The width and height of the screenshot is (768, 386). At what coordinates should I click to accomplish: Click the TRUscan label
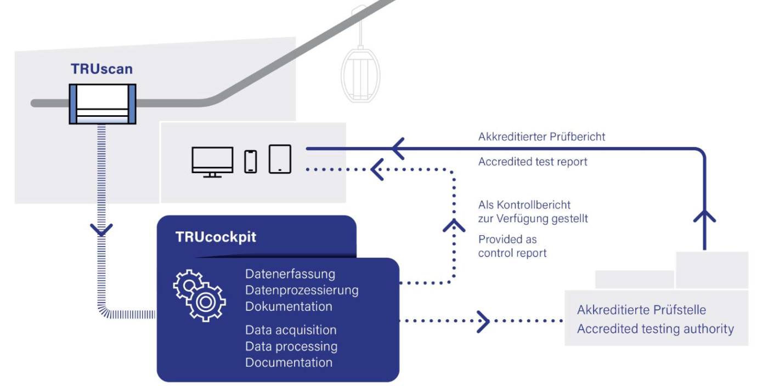click(x=101, y=70)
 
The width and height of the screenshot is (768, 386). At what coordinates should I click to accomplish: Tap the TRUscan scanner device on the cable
click(x=102, y=104)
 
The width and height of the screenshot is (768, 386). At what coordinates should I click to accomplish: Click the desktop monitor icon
click(x=212, y=161)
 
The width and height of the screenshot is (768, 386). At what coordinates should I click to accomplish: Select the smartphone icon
click(x=250, y=161)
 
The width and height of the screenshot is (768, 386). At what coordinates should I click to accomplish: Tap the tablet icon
click(x=280, y=159)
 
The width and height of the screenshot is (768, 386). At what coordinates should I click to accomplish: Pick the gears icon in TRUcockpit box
click(x=200, y=296)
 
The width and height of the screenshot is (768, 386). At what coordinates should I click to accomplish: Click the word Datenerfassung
click(x=290, y=274)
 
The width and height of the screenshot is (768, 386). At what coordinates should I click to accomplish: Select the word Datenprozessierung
click(x=302, y=289)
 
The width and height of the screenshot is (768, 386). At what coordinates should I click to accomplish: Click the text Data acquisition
click(x=291, y=330)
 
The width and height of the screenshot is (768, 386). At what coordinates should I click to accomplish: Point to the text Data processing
click(x=291, y=347)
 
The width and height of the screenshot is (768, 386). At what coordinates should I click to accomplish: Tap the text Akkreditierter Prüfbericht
click(x=541, y=137)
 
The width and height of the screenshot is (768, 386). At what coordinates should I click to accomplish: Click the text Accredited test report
click(x=533, y=162)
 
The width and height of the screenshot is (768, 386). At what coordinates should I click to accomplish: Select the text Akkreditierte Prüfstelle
click(x=641, y=310)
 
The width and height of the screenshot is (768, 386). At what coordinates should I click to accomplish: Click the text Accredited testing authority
click(x=655, y=328)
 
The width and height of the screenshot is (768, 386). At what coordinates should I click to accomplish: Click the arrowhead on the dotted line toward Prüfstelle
click(x=482, y=321)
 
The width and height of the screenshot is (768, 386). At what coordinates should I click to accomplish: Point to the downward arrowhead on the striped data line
click(x=101, y=230)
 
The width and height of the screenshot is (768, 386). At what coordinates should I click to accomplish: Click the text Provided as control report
click(x=512, y=246)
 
